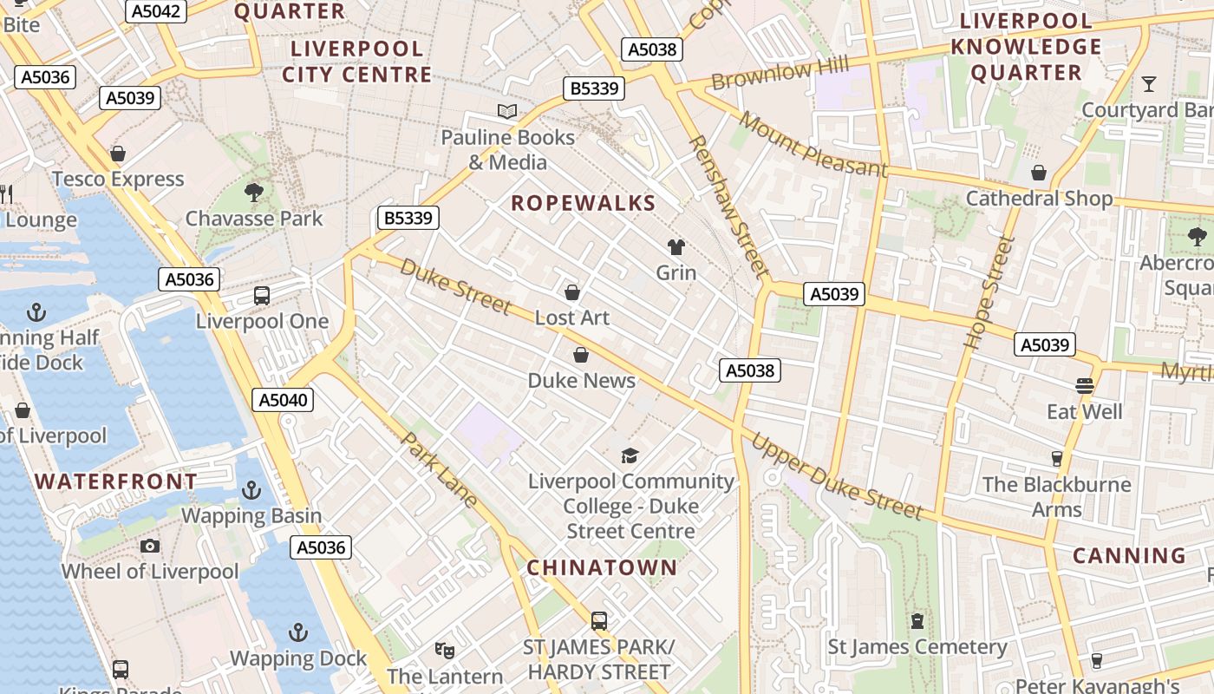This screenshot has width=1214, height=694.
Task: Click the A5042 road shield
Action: tap(156, 11)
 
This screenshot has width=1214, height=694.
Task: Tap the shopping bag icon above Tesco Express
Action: tap(118, 154)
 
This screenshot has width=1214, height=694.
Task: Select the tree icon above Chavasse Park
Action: tap(254, 193)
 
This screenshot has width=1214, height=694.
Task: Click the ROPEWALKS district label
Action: tap(583, 203)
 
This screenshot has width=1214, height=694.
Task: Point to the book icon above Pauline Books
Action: tap(507, 112)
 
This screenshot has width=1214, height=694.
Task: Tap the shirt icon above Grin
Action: tap(676, 247)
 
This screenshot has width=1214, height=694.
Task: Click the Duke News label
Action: tap(581, 380)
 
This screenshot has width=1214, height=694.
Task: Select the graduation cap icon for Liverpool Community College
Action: tap(630, 455)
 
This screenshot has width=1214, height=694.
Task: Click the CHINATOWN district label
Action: tap(602, 567)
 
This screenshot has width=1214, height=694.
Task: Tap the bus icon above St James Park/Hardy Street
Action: tap(598, 621)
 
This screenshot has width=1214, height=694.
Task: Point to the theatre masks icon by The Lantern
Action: tap(445, 650)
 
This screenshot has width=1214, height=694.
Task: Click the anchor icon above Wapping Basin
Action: tap(251, 491)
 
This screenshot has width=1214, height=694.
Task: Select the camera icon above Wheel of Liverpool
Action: tap(150, 546)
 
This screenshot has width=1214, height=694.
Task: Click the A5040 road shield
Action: tap(284, 400)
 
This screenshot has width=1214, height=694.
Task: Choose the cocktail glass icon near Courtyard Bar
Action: tap(1149, 84)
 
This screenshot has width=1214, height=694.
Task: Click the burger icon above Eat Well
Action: tap(1085, 385)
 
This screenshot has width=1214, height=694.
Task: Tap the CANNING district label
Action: tap(1129, 555)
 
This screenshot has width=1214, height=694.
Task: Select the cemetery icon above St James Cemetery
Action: tap(917, 621)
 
